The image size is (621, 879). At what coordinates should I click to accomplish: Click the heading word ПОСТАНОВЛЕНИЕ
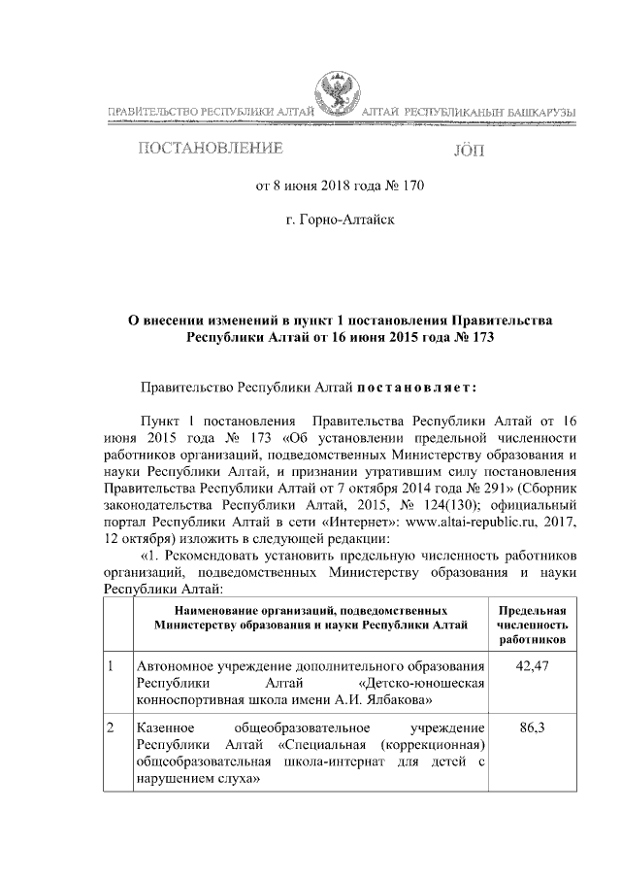click(x=212, y=149)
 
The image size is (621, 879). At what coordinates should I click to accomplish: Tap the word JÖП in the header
click(x=467, y=151)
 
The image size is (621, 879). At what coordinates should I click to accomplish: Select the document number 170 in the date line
click(x=410, y=186)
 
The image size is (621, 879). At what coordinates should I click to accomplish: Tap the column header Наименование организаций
click(x=310, y=616)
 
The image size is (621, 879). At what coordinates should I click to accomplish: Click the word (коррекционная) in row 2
click(x=431, y=744)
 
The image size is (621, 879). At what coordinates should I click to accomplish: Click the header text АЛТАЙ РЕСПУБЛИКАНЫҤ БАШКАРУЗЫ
click(x=467, y=116)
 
